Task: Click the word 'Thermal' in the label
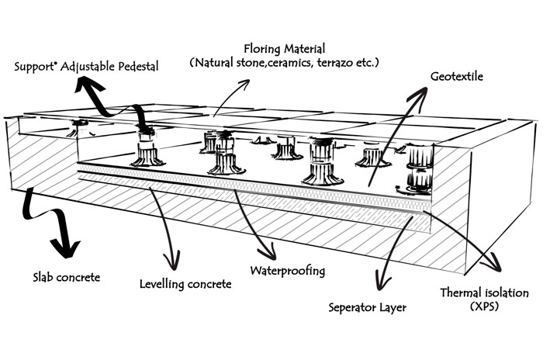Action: point(458,293)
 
